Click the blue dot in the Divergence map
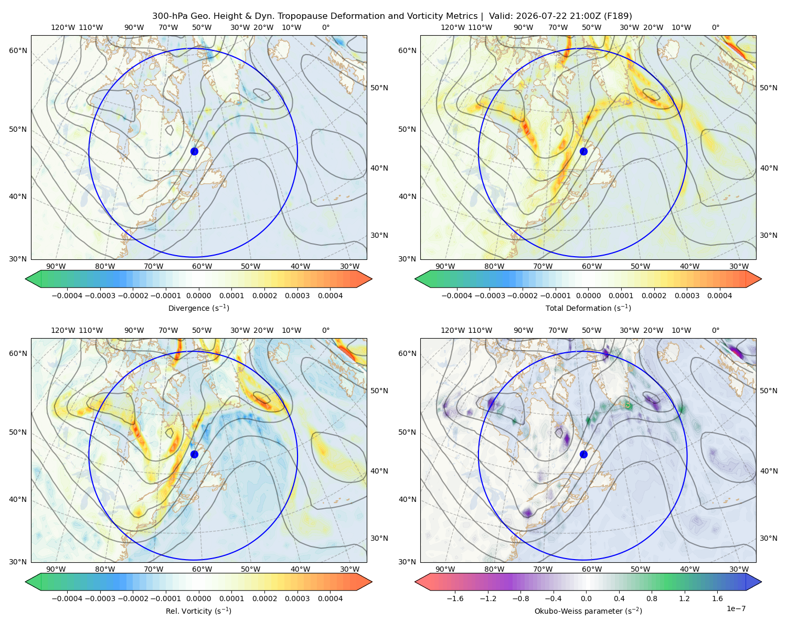(194, 152)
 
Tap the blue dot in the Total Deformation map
(583, 152)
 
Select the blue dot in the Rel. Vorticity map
(194, 454)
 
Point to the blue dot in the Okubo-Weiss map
(583, 454)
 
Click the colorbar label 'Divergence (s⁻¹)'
(198, 308)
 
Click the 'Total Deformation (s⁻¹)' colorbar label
(588, 308)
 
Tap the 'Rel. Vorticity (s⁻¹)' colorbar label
(198, 611)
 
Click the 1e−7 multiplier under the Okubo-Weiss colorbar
(736, 608)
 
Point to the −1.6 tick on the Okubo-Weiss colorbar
(455, 598)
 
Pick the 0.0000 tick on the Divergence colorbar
(198, 296)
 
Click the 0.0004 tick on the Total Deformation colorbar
(719, 296)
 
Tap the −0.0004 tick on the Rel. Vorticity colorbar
(67, 598)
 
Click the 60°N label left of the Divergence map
(18, 50)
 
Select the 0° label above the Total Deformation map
(715, 27)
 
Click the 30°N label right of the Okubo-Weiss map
(768, 538)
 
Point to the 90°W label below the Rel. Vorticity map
(56, 569)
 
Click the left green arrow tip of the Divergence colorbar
(26, 279)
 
